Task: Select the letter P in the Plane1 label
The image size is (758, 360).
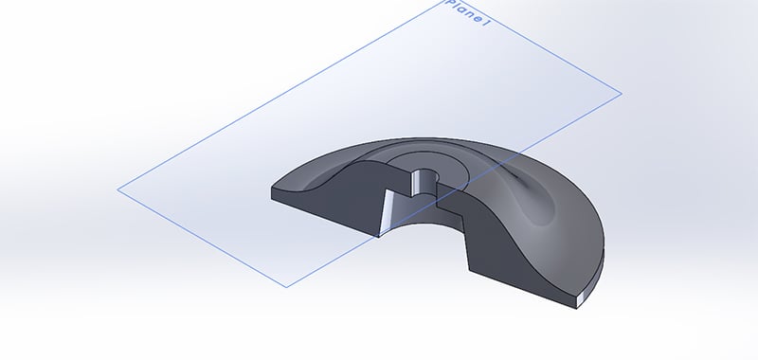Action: coord(449,4)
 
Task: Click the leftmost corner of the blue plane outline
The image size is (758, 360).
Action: coord(118,189)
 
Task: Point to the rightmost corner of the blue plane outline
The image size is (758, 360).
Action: coord(622,94)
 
